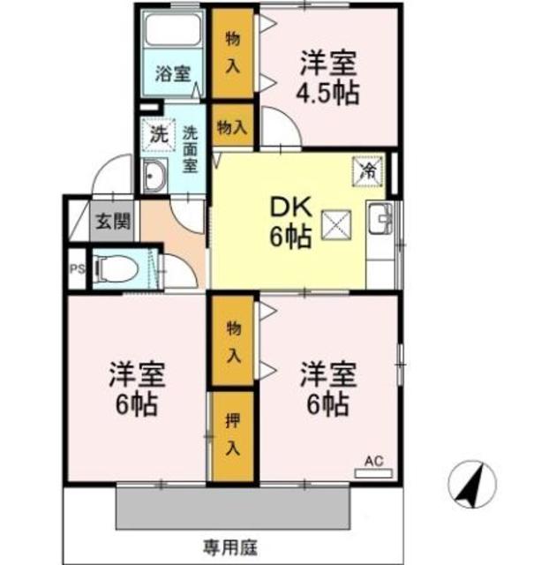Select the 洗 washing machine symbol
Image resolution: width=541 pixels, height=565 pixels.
(x=157, y=137)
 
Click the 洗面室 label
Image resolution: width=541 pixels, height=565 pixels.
(x=192, y=147)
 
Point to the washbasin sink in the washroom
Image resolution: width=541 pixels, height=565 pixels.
(x=155, y=177)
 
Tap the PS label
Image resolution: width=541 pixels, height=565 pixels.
(x=76, y=269)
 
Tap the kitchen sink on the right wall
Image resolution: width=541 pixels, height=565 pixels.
(x=382, y=217)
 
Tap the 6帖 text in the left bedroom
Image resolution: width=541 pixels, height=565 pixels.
(x=134, y=405)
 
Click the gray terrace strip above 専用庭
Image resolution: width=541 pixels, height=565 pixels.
(x=236, y=507)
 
